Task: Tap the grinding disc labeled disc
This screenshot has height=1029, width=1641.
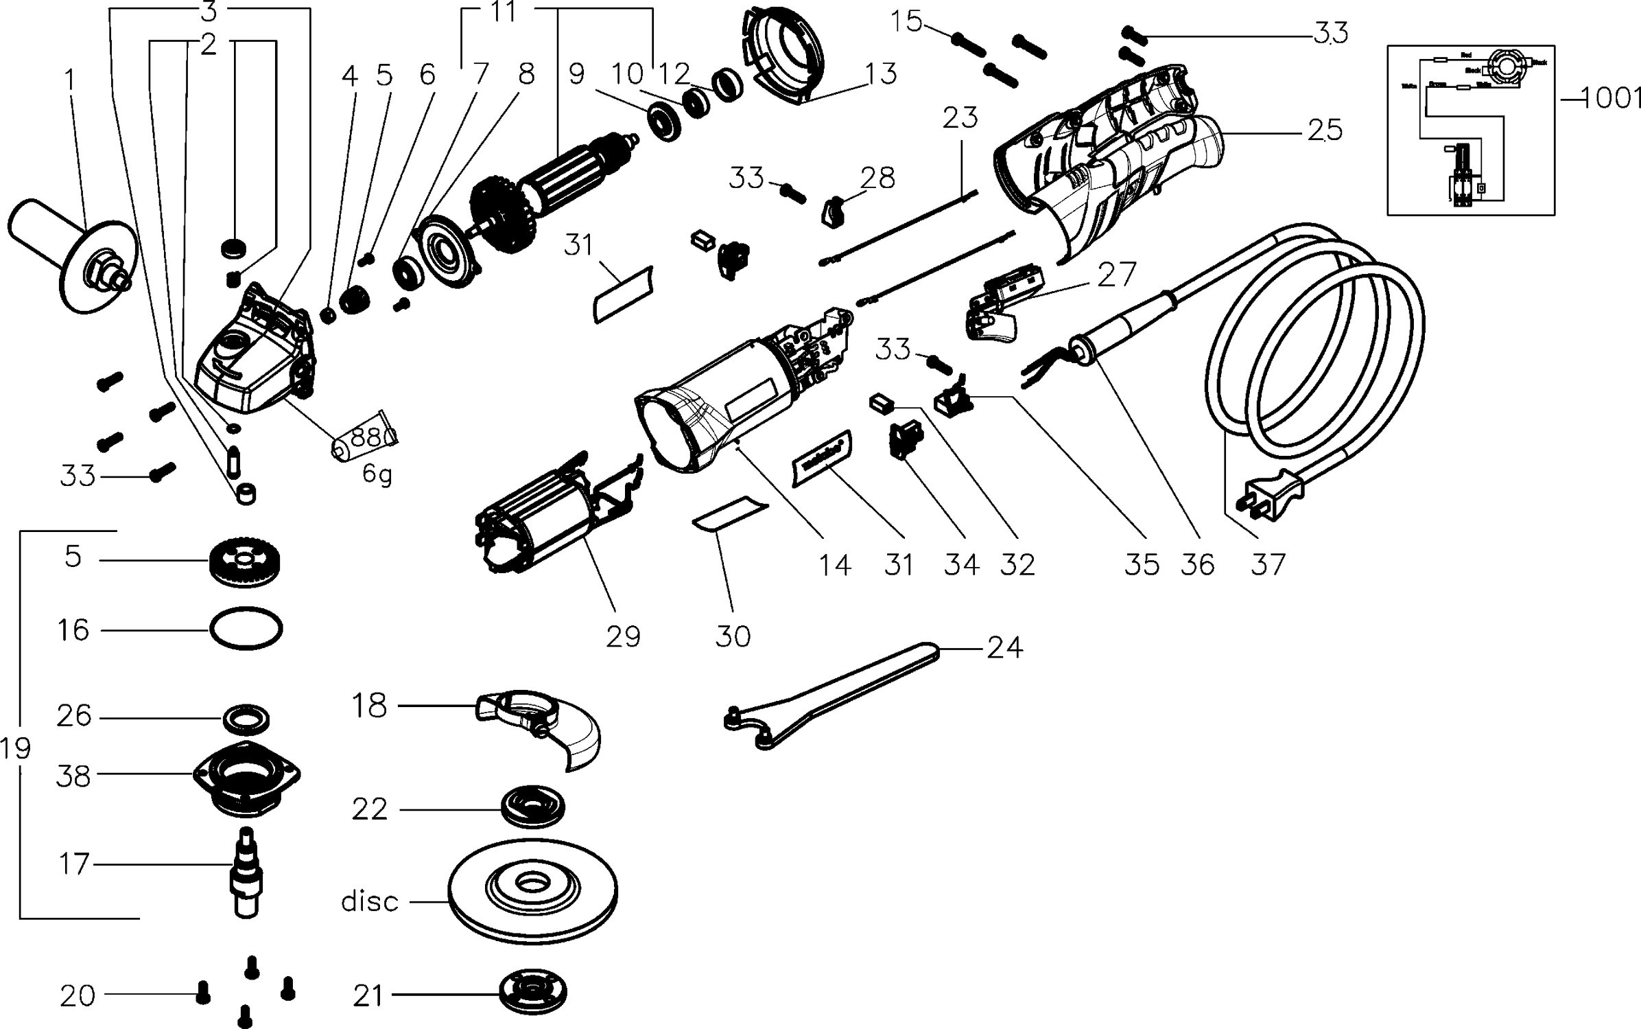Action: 532,891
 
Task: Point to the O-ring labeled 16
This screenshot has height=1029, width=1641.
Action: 246,628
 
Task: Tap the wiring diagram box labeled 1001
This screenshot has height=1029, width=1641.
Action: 1470,130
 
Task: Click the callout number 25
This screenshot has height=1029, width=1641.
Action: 1325,130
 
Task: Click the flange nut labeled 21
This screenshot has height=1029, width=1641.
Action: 534,992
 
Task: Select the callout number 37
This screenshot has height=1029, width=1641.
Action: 1268,564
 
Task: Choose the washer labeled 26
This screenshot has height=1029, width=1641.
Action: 246,719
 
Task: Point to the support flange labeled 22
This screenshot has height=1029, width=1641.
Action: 533,807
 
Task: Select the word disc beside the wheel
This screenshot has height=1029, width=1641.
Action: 370,901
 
